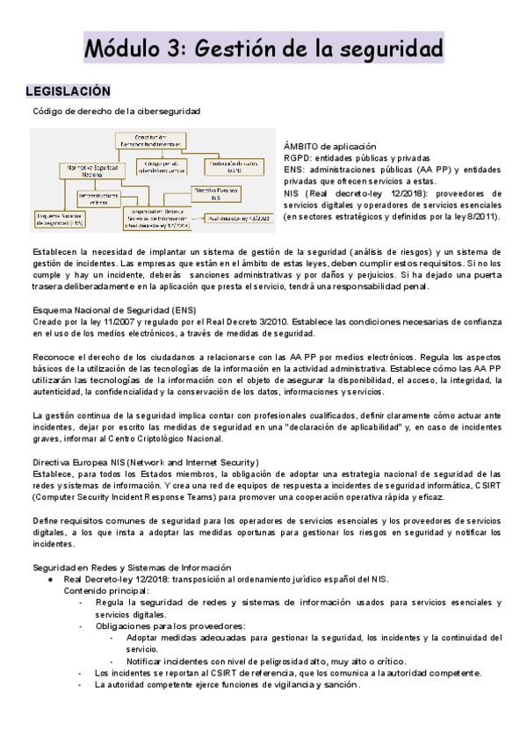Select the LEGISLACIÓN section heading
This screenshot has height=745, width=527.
coord(69,91)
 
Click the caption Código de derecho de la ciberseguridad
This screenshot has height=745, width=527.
coord(116,112)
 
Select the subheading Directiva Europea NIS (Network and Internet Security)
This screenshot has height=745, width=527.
coord(146,462)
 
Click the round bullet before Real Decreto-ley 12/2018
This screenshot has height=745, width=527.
coord(52,579)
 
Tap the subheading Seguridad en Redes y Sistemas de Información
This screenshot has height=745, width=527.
coord(132,568)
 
